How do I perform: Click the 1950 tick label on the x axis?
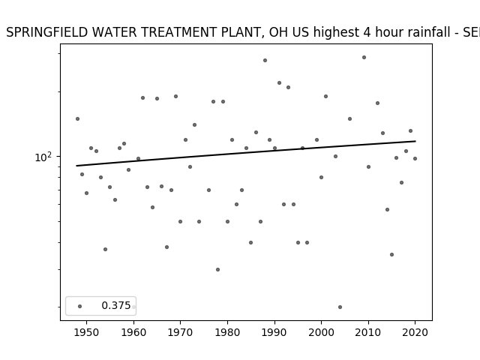pos(87,332)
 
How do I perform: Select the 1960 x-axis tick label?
pos(133,332)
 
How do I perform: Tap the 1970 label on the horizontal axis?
pos(180,332)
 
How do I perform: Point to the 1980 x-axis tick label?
pos(227,332)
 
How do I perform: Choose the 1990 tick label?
pos(274,332)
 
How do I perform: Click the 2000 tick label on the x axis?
pos(321,332)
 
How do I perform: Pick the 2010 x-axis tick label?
pos(368,332)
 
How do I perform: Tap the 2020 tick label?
pos(415,332)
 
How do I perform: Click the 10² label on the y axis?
pos(43,157)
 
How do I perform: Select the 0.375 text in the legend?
pos(116,305)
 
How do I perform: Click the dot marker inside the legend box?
pos(80,306)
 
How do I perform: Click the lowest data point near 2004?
pos(340,307)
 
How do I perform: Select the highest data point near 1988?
pos(265,60)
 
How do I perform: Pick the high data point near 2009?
pos(364,57)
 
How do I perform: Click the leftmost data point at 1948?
pos(77,118)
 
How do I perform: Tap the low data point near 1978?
pos(217,270)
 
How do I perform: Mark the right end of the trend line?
pos(415,141)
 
